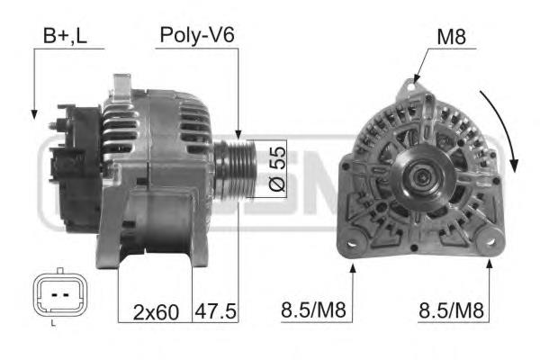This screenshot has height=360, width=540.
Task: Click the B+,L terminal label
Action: click(65, 36)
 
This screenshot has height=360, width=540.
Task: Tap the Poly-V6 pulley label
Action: click(197, 35)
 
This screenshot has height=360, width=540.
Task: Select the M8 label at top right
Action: click(451, 37)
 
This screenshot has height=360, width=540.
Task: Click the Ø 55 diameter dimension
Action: click(277, 169)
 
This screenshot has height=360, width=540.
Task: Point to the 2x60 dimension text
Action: click(156, 312)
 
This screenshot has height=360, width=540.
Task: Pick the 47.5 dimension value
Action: click(216, 311)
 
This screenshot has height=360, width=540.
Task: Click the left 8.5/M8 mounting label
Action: click(313, 310)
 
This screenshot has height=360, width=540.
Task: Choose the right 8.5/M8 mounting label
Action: click(451, 310)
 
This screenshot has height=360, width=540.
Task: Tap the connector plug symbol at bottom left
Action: click(59, 294)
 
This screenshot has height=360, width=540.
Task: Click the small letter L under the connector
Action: click(53, 323)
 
